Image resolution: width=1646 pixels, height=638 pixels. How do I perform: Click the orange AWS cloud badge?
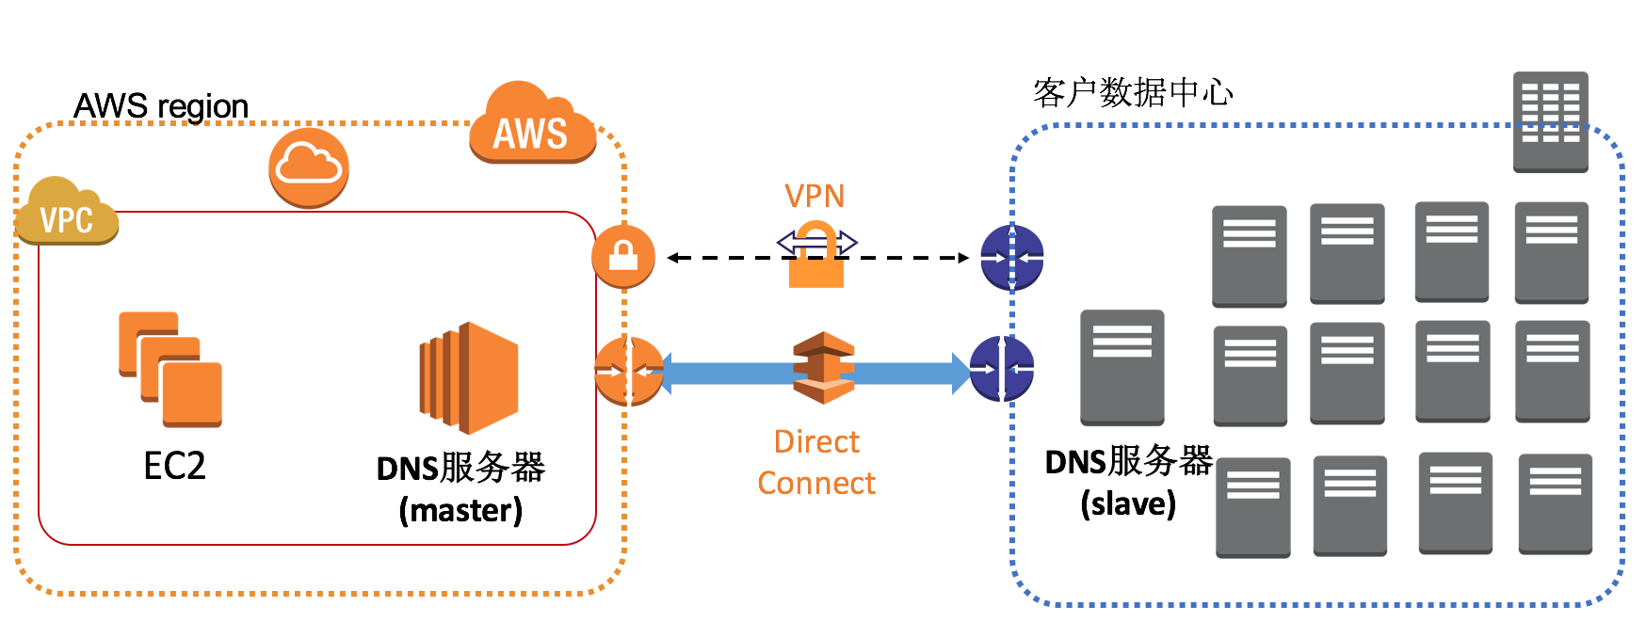point(532,127)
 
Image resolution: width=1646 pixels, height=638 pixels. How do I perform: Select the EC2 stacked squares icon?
point(170,369)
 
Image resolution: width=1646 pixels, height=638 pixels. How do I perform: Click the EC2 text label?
point(174,466)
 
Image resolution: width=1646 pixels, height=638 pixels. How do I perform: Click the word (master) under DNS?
point(460,510)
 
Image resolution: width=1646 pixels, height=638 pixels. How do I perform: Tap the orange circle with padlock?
point(623,256)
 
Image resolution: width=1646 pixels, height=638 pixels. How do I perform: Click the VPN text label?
point(815,196)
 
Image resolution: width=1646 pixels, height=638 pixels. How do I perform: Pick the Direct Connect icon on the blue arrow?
point(824,368)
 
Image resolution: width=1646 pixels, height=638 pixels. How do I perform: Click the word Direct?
point(816,441)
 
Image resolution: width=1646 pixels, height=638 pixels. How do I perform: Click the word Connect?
point(816,483)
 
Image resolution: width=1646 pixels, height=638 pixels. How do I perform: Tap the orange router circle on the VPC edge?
point(628,371)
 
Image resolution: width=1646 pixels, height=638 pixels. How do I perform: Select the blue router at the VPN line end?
point(1011,257)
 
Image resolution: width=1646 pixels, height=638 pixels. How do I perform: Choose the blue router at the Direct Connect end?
point(1002,369)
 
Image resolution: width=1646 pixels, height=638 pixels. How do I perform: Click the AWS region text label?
point(161,106)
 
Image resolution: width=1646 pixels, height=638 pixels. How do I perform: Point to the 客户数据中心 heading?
point(1133,92)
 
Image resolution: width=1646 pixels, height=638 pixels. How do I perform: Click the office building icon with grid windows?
point(1550,121)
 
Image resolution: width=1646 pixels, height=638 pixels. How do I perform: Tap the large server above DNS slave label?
point(1122,367)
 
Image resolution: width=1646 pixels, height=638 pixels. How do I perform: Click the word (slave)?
point(1128,503)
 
